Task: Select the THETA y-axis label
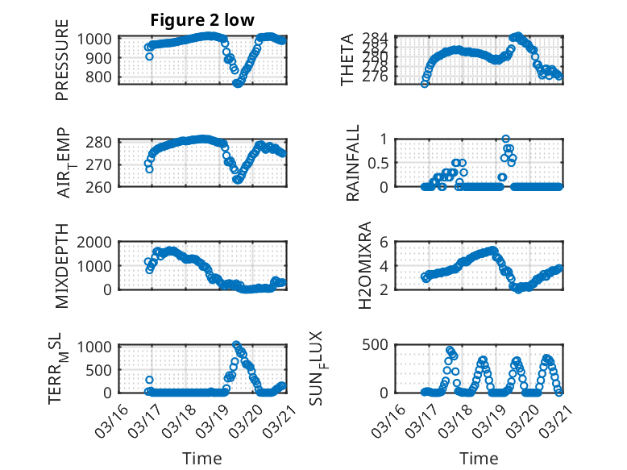pyautogui.click(x=347, y=59)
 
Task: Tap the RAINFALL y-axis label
pyautogui.click(x=352, y=162)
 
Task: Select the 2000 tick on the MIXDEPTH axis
pyautogui.click(x=98, y=241)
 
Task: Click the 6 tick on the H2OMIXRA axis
pyautogui.click(x=385, y=241)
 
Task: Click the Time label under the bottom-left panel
pyautogui.click(x=202, y=458)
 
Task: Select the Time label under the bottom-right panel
pyautogui.click(x=479, y=458)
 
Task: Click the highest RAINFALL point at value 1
pyautogui.click(x=506, y=139)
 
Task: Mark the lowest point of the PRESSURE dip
pyautogui.click(x=237, y=83)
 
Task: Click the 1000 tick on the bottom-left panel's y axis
pyautogui.click(x=98, y=347)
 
